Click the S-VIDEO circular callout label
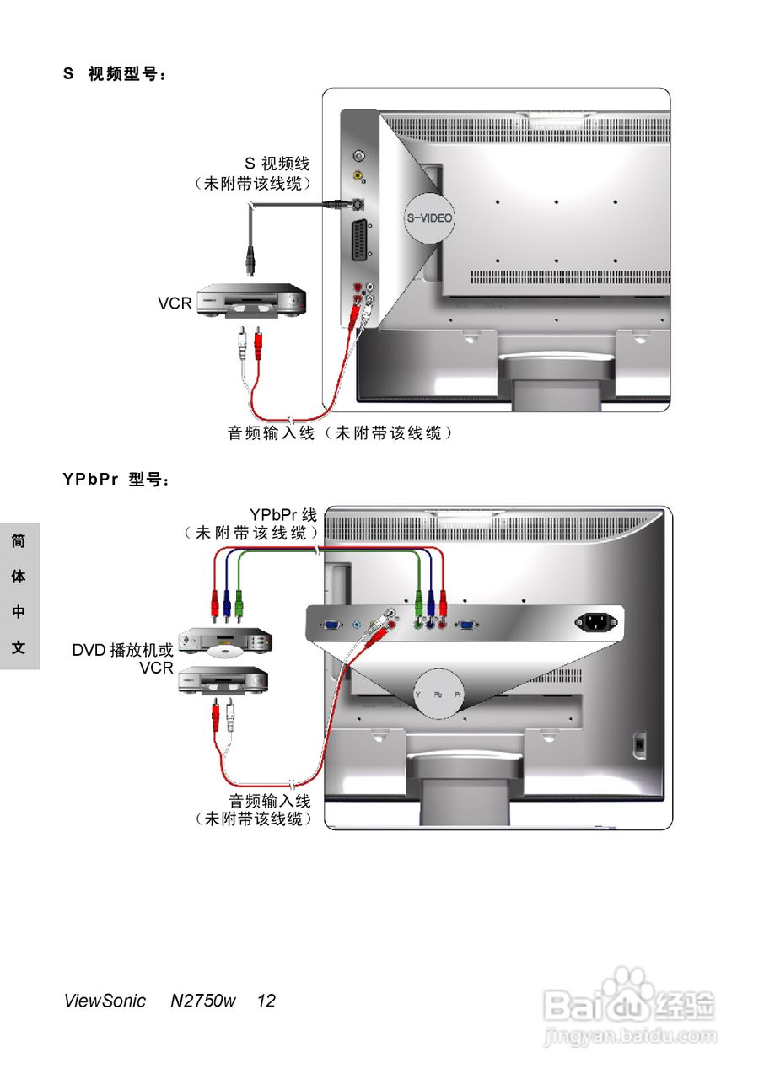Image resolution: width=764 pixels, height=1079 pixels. coord(429,217)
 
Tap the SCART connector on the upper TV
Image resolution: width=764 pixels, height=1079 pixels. coord(360,243)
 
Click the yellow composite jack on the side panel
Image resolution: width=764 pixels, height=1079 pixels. coord(358,177)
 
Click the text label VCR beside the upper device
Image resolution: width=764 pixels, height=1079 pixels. coord(175,303)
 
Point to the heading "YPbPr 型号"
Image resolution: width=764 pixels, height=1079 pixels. coord(116,480)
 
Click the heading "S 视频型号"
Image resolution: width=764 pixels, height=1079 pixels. coord(115,74)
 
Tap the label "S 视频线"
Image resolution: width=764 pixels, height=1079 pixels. coord(277,164)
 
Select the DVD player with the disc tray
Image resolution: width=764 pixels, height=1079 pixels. coord(226,644)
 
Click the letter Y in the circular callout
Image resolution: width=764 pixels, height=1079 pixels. coord(417,694)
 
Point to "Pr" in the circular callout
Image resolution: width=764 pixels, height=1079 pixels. coord(459,694)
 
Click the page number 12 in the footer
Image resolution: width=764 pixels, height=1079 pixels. coord(266,1001)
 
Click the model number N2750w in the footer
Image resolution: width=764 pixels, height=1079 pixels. coord(202,1001)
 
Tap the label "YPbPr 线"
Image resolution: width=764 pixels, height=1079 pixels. coord(282,514)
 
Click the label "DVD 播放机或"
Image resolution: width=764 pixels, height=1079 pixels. coord(122,650)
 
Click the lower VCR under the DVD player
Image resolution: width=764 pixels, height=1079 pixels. coord(223,680)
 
